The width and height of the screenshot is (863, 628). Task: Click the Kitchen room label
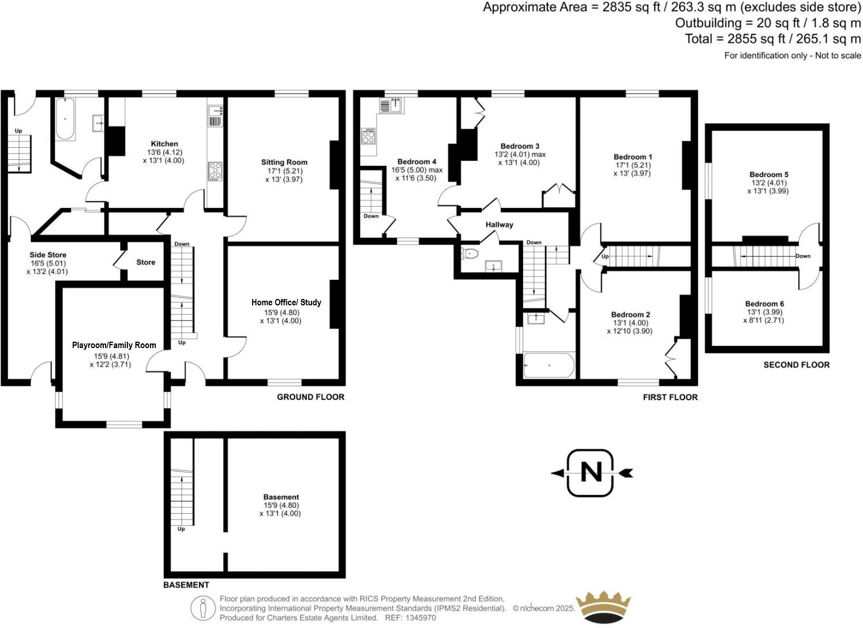pyautogui.click(x=164, y=144)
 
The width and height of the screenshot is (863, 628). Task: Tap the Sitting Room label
pyautogui.click(x=284, y=162)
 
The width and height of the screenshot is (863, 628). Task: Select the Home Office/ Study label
pyautogui.click(x=286, y=302)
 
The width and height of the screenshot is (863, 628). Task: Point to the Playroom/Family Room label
pyautogui.click(x=114, y=345)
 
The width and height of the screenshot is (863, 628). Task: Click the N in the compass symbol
pyautogui.click(x=590, y=473)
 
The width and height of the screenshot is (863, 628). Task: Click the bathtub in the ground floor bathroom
pyautogui.click(x=65, y=120)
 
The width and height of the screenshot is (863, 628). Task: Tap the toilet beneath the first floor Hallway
pyautogui.click(x=470, y=253)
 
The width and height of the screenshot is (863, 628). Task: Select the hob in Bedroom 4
pyautogui.click(x=368, y=137)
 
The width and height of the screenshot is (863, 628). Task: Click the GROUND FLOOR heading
pyautogui.click(x=310, y=397)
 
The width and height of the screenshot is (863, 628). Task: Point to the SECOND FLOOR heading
pyautogui.click(x=796, y=365)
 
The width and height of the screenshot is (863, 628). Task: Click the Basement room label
pyautogui.click(x=281, y=497)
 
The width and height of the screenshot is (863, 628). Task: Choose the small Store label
pyautogui.click(x=145, y=262)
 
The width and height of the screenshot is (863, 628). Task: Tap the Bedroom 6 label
pyautogui.click(x=764, y=304)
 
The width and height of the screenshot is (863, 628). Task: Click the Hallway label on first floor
pyautogui.click(x=499, y=225)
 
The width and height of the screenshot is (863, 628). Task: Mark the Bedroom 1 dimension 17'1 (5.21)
pyautogui.click(x=633, y=165)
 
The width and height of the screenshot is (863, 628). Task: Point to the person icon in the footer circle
pyautogui.click(x=202, y=608)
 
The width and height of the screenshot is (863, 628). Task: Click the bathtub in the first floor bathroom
pyautogui.click(x=549, y=365)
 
